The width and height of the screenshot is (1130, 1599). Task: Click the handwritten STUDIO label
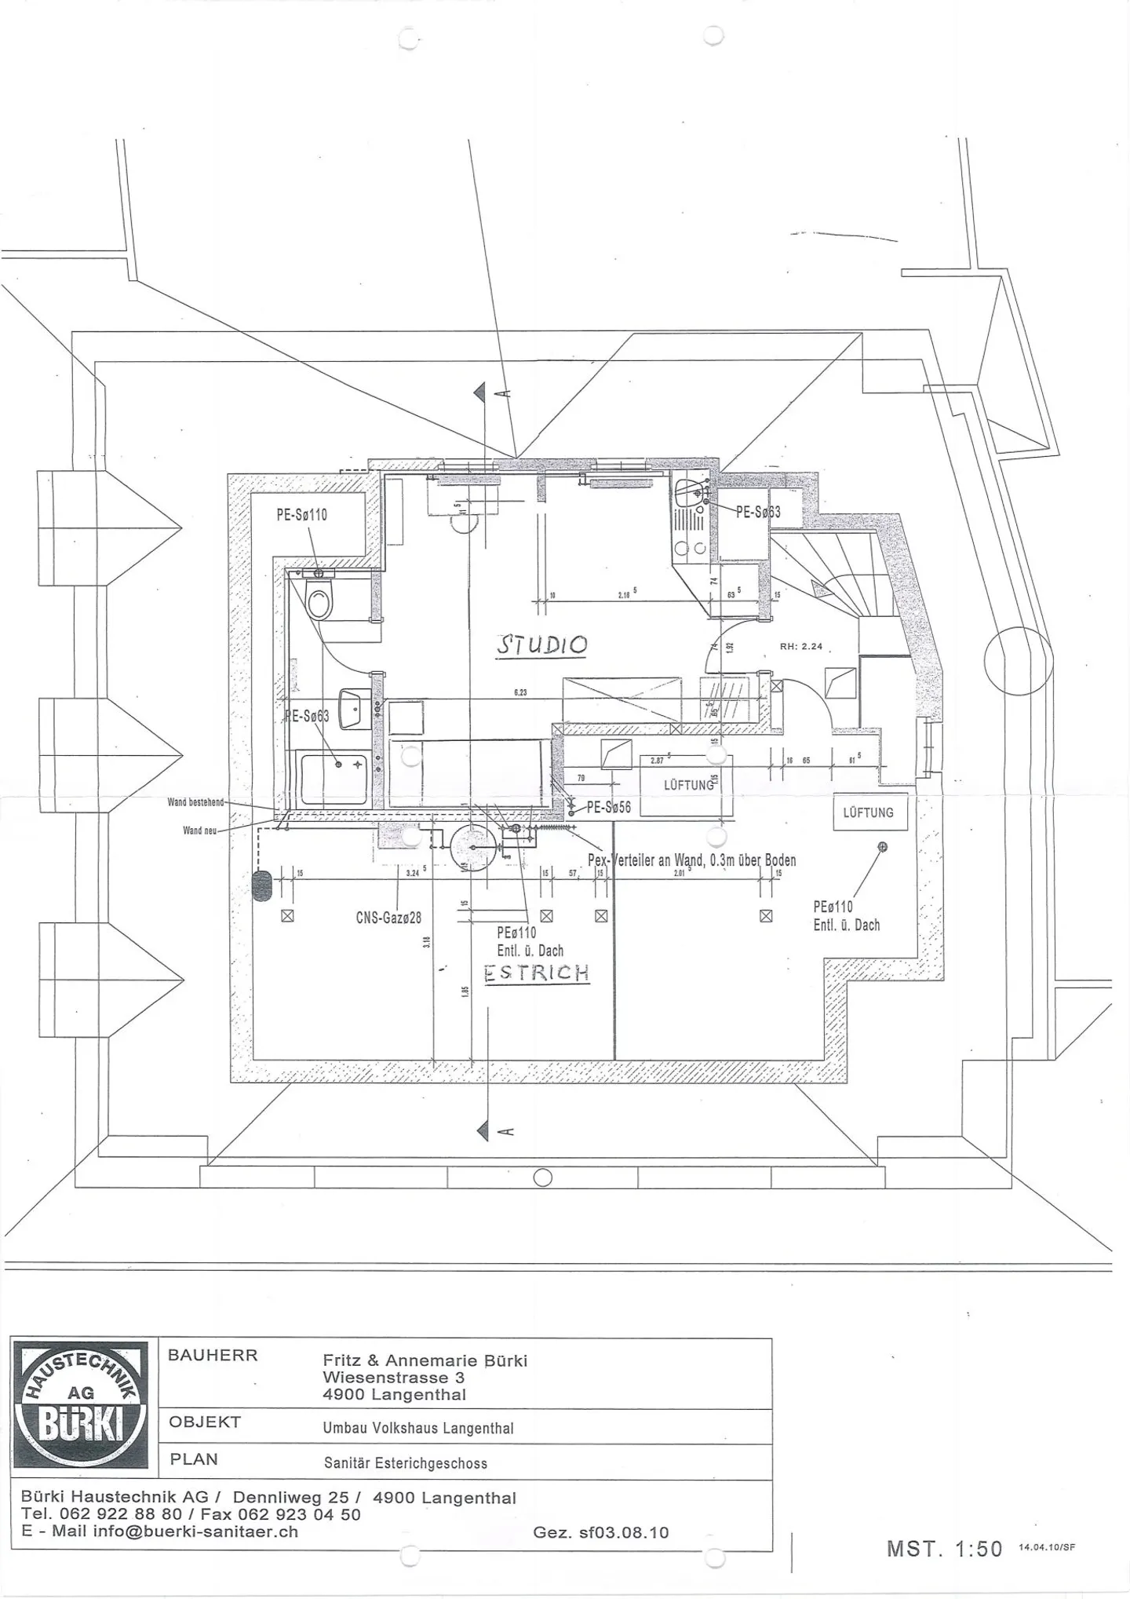(x=542, y=645)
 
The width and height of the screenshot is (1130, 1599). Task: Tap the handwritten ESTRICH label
(x=537, y=973)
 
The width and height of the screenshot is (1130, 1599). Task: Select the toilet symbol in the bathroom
(x=319, y=602)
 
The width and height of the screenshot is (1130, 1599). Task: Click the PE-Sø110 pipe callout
(x=301, y=515)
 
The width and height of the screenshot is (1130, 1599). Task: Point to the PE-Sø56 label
(x=608, y=807)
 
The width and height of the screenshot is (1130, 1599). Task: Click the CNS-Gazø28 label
(x=388, y=917)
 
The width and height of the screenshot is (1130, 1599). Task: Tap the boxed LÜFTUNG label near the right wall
(x=868, y=812)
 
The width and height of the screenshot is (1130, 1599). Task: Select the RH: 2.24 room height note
(x=801, y=646)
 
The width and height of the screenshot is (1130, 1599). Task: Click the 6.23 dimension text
(x=520, y=692)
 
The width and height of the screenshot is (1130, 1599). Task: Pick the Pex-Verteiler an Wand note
(x=691, y=860)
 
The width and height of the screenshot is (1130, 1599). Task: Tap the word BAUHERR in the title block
(x=213, y=1356)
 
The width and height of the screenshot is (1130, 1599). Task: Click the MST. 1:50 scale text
(x=944, y=1549)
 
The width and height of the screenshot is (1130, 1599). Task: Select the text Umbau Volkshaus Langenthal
(x=418, y=1428)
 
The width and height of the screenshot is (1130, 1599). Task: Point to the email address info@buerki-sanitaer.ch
(x=195, y=1531)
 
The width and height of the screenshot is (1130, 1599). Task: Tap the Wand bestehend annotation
(x=195, y=802)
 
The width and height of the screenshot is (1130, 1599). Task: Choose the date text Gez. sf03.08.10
(x=600, y=1532)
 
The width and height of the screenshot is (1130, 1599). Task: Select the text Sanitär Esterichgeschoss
(x=406, y=1463)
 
